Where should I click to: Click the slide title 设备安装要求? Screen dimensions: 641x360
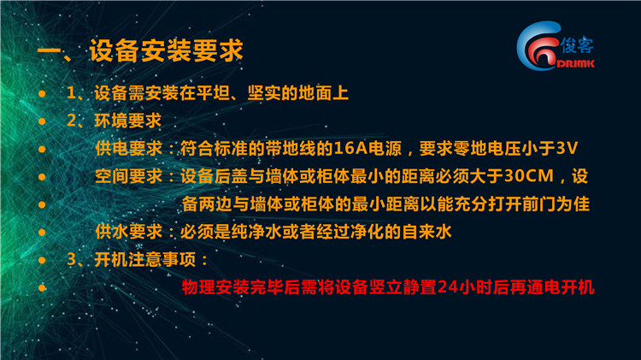(x=166, y=50)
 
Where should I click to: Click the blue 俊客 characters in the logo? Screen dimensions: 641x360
(x=577, y=45)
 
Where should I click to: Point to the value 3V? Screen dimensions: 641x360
(x=567, y=148)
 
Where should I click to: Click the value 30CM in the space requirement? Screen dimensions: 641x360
(x=529, y=176)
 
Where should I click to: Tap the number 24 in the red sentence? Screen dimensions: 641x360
(x=448, y=286)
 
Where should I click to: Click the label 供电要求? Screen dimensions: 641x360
(x=129, y=148)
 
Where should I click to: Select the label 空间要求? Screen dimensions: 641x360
(x=129, y=176)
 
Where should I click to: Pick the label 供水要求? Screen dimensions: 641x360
(x=129, y=232)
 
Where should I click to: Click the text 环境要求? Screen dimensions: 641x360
(x=128, y=121)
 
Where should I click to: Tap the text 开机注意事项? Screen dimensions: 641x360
(x=145, y=259)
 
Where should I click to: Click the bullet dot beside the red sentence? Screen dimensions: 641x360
(x=42, y=288)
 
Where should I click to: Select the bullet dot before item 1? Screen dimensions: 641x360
(x=42, y=94)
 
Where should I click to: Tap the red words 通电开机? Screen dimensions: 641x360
(x=560, y=286)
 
